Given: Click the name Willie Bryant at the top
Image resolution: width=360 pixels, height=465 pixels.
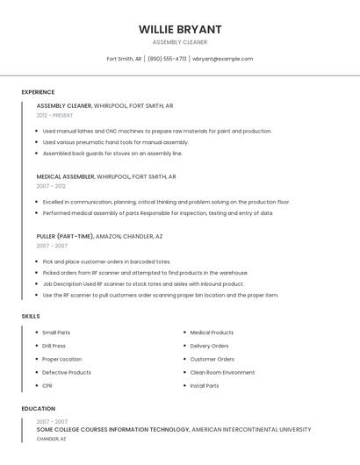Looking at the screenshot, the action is click(180, 29).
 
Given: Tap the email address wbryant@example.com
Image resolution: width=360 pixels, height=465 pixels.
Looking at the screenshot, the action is click(222, 59).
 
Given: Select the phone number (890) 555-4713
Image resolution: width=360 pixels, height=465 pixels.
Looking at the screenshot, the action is click(167, 59).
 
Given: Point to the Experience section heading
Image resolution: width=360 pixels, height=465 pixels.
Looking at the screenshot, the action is click(38, 92).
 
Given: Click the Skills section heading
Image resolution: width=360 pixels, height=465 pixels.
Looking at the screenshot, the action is click(31, 316).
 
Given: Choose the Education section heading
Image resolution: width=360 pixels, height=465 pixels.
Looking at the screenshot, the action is click(39, 409).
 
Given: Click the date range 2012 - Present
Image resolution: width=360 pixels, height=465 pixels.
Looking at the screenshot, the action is click(54, 115).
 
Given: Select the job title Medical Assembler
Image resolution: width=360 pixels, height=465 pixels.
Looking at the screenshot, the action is click(65, 176).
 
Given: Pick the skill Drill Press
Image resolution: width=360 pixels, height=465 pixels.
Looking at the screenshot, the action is click(54, 346).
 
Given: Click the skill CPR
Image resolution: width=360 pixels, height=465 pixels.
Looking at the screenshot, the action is click(47, 385).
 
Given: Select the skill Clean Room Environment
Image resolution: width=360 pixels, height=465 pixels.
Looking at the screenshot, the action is click(222, 372).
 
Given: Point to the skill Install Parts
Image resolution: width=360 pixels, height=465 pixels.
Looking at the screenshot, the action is click(205, 385).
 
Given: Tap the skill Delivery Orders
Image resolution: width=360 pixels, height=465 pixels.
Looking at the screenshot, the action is click(209, 346).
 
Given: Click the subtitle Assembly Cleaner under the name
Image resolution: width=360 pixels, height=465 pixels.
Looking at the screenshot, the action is click(180, 42).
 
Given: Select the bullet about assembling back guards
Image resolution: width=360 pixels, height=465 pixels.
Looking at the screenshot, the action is click(112, 153).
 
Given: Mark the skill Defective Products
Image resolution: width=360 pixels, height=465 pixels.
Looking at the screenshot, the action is click(67, 372).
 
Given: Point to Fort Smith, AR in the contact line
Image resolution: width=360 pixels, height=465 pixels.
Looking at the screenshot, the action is click(124, 59).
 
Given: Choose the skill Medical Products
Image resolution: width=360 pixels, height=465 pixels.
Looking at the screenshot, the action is click(212, 333).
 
